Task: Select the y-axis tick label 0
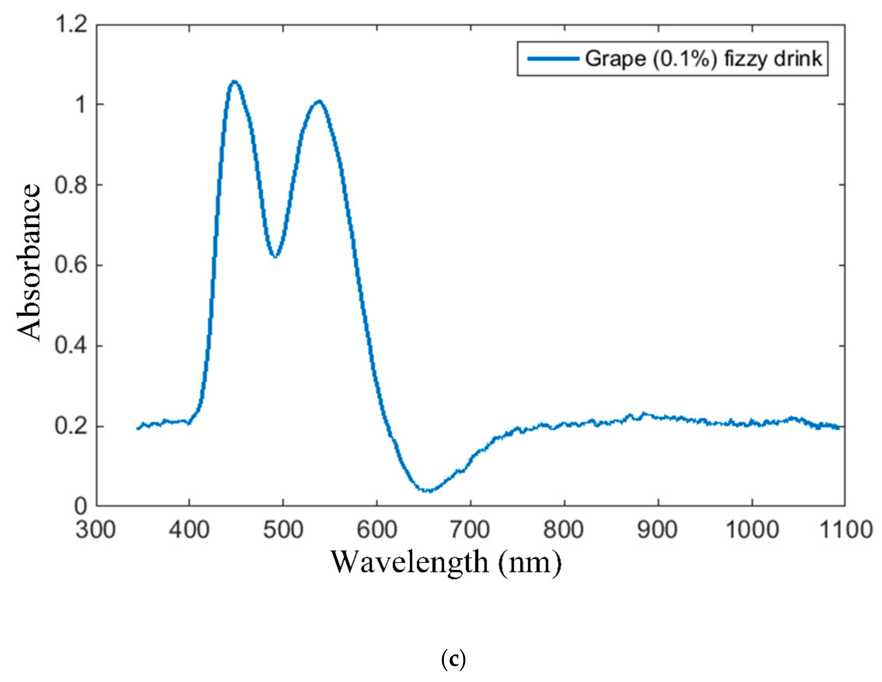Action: (x=81, y=506)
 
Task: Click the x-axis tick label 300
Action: (x=96, y=529)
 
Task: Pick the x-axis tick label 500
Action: (x=283, y=529)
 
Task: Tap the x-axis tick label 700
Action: (x=470, y=529)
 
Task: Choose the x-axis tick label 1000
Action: (x=752, y=529)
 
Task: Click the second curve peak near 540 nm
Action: (x=319, y=101)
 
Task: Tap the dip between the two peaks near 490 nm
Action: (x=275, y=256)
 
